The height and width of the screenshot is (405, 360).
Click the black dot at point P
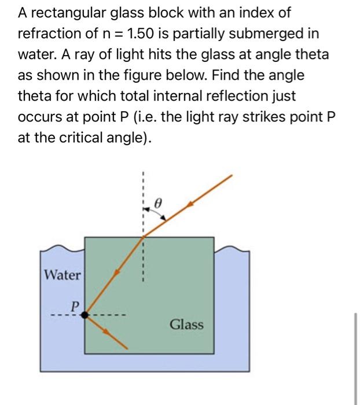[85, 315]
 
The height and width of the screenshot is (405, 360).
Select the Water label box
[63, 274]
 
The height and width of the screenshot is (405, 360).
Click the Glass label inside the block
[186, 325]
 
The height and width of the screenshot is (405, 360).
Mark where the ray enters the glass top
[143, 236]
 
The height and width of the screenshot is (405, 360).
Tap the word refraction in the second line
[48, 34]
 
